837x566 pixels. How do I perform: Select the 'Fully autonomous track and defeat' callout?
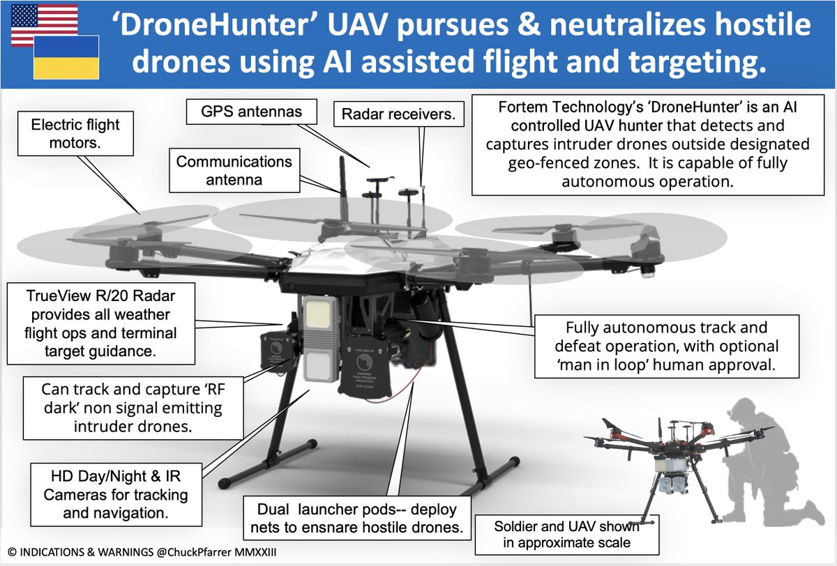coord(667,347)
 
